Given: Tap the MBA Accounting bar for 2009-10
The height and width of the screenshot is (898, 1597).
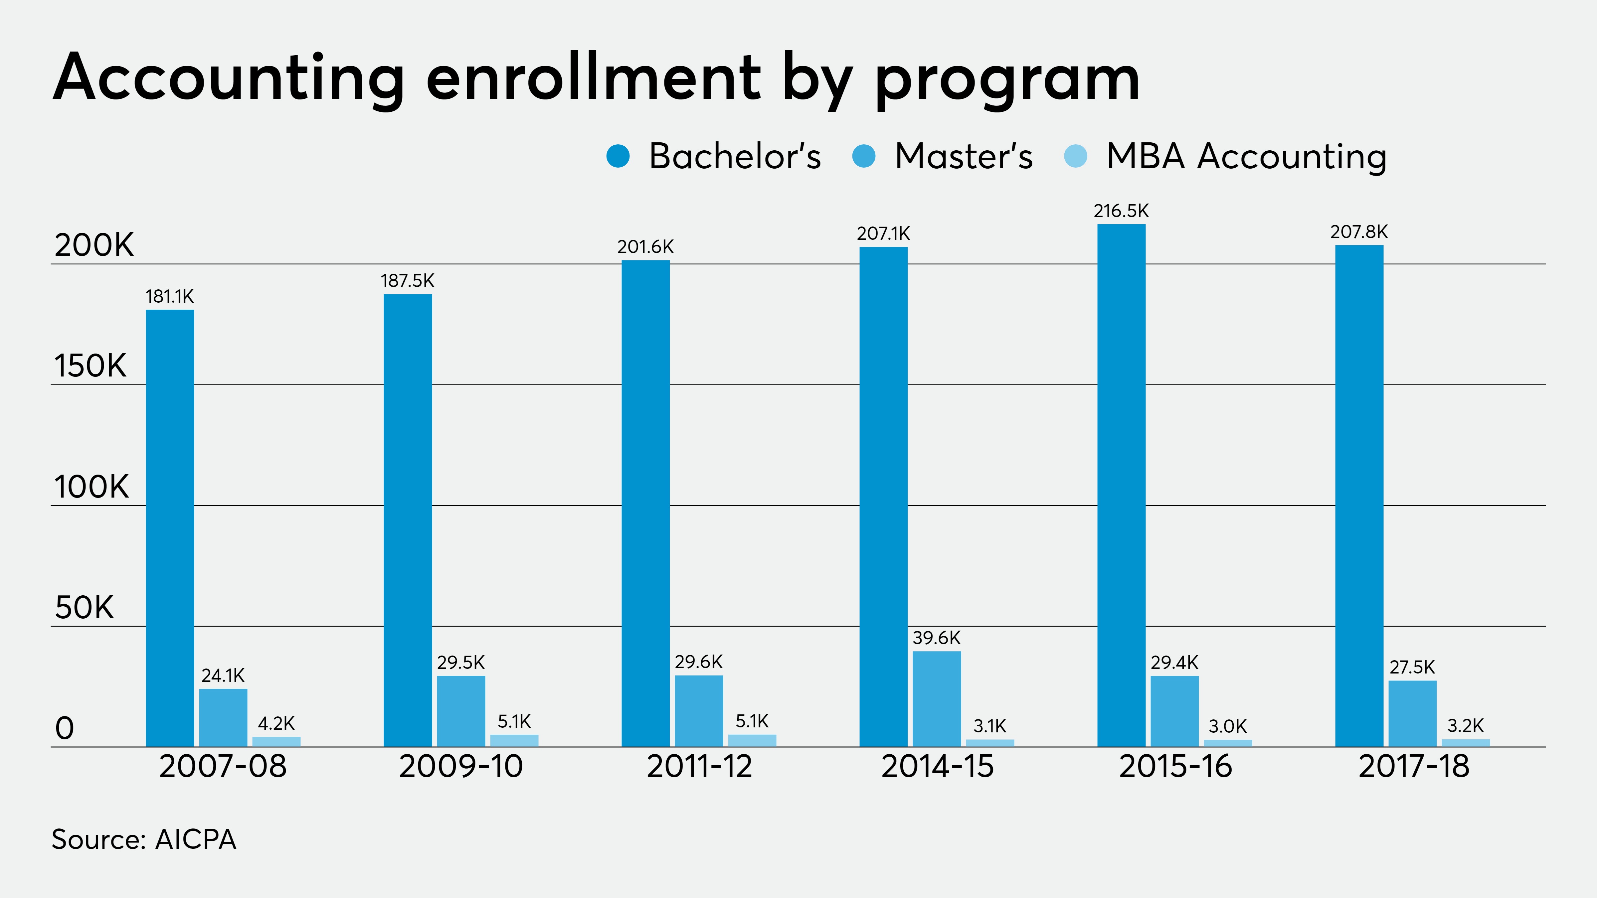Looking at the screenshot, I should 514,741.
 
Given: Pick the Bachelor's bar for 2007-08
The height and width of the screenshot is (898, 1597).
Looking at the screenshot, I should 170,528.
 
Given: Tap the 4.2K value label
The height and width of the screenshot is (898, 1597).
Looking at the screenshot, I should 276,723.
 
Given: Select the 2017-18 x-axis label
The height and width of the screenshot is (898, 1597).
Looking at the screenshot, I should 1413,767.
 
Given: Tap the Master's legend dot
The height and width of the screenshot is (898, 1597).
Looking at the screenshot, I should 864,156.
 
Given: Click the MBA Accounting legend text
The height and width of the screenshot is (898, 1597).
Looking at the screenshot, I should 1246,156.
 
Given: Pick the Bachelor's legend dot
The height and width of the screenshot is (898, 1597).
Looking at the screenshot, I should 618,156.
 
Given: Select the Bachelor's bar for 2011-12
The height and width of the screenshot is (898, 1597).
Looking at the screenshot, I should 645,503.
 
